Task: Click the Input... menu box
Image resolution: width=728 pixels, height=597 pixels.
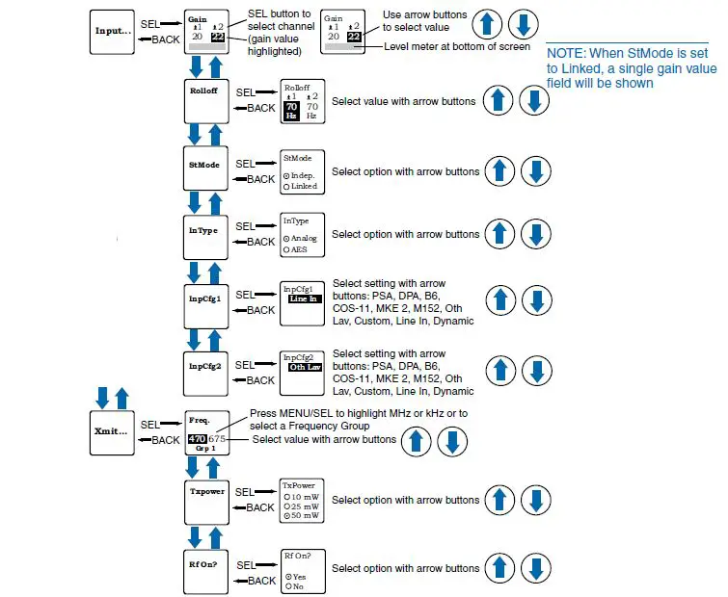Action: (x=115, y=31)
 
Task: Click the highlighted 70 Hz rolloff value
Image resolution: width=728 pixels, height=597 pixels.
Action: (x=291, y=110)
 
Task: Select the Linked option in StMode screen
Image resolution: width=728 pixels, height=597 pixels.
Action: (x=303, y=186)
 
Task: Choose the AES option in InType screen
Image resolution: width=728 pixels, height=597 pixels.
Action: (x=296, y=249)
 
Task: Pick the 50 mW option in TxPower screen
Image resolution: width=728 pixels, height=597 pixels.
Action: (x=303, y=517)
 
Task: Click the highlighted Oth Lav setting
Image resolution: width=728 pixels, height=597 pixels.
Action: (x=304, y=367)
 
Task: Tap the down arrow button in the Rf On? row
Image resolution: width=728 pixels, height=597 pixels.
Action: (x=536, y=569)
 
